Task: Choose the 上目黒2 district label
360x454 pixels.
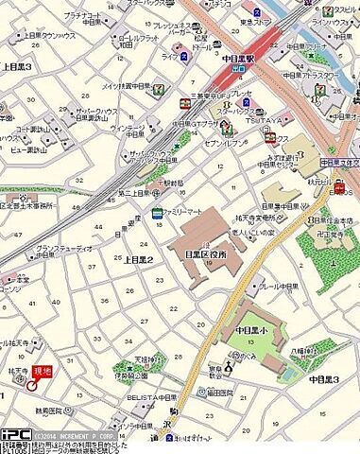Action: pos(138,259)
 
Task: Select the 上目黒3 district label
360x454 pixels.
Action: pos(17,66)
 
